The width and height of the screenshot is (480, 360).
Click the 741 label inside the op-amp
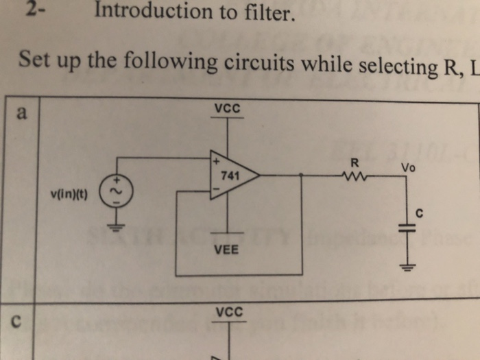tap(230, 176)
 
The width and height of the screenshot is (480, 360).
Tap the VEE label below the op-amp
tap(226, 250)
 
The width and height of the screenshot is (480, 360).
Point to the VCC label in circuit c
tap(228, 312)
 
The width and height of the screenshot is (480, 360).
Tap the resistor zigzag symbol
tap(354, 176)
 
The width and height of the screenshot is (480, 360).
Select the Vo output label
tap(409, 167)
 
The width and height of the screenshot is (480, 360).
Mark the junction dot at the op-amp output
tap(302, 176)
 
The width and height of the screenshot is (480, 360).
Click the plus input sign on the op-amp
tap(215, 162)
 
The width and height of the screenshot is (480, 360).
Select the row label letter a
tap(22, 114)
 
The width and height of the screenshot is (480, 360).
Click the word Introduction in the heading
tap(153, 11)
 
